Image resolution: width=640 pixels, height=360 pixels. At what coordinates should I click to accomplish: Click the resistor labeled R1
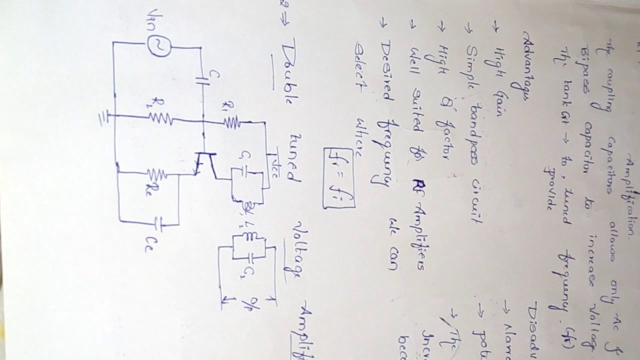point(231,121)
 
